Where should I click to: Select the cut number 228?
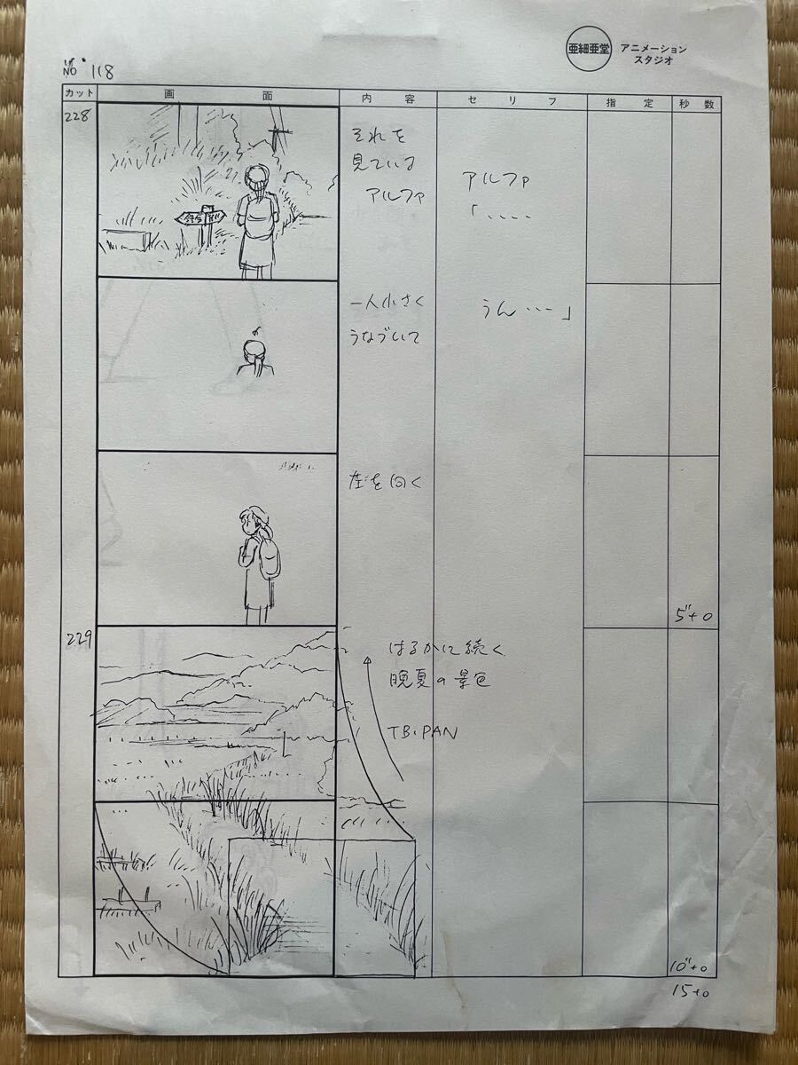(75, 117)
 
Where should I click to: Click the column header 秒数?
(696, 104)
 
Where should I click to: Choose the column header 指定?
(629, 103)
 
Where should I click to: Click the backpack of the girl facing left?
(270, 556)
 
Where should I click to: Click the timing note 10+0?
(691, 965)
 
